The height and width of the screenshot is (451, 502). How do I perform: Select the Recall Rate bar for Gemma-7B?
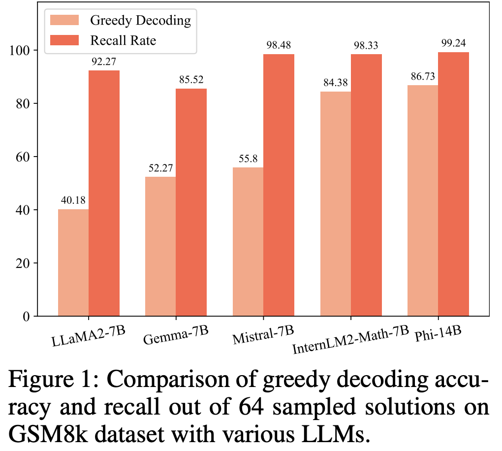coord(191,202)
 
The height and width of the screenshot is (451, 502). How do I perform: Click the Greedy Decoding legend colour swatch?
coord(64,20)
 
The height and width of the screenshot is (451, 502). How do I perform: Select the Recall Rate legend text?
coord(123,40)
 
